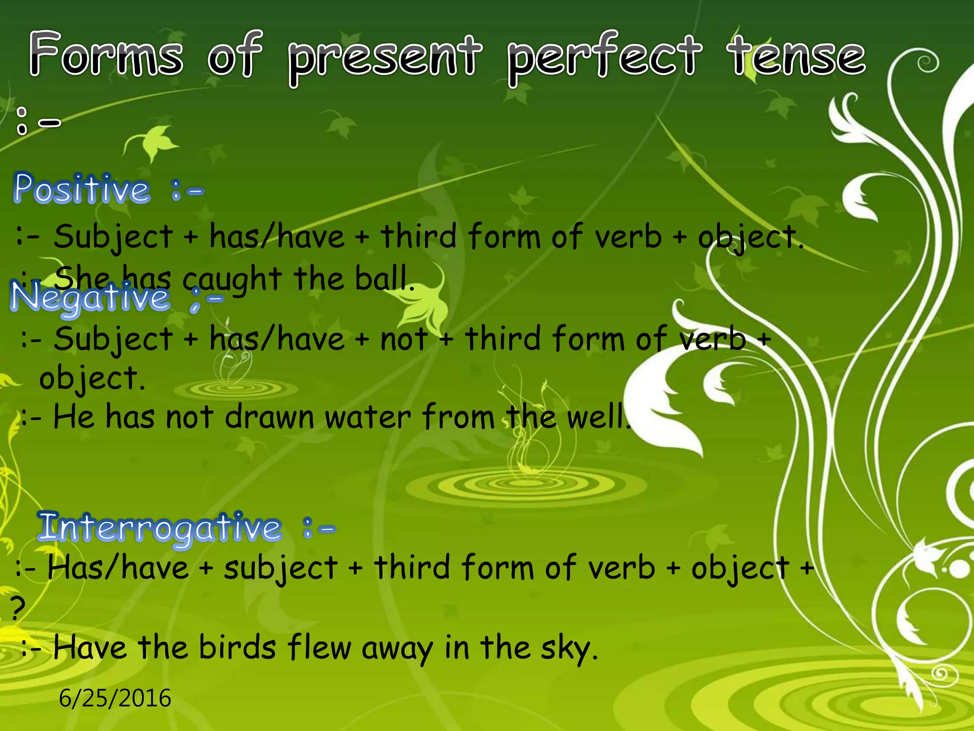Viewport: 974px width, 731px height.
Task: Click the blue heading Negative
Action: (90, 298)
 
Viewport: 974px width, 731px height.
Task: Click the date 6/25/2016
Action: (115, 698)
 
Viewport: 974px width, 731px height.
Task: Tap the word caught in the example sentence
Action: (232, 280)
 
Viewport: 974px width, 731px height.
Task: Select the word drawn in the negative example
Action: (269, 417)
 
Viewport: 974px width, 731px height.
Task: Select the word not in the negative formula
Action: (404, 340)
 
